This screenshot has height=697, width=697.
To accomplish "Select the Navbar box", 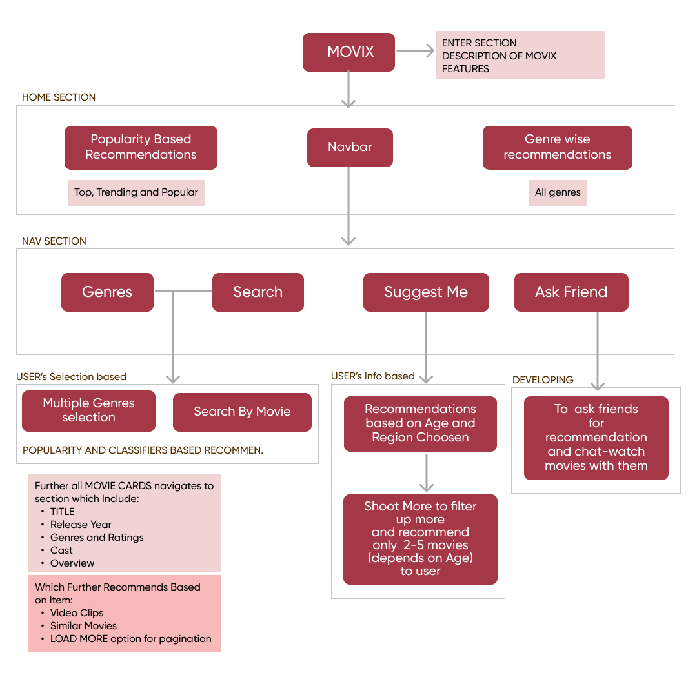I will tap(350, 148).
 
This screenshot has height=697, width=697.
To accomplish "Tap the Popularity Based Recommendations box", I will tap(141, 148).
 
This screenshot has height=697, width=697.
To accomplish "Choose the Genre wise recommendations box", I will tap(557, 148).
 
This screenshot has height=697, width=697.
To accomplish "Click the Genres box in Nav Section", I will tap(107, 292).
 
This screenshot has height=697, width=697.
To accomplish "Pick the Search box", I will tap(258, 292).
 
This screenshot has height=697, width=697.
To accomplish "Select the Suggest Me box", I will tap(426, 292).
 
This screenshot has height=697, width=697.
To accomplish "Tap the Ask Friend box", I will tap(571, 292).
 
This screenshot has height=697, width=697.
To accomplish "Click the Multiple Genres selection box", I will tap(88, 410).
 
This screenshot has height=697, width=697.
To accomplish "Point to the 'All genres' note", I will tap(558, 193).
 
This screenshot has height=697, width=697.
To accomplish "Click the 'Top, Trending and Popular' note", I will tap(136, 193).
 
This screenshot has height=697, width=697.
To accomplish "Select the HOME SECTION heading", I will tap(59, 97).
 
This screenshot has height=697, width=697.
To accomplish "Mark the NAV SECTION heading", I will tap(54, 241).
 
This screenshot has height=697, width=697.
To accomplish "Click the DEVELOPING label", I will tap(543, 380).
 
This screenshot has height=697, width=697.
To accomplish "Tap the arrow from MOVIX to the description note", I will tap(415, 52).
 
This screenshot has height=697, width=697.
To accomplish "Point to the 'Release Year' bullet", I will tap(81, 525).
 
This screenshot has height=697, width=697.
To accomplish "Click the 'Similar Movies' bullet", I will tap(83, 626).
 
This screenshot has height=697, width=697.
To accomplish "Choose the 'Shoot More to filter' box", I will tap(420, 539).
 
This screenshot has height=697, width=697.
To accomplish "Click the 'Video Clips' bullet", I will tap(77, 613).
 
